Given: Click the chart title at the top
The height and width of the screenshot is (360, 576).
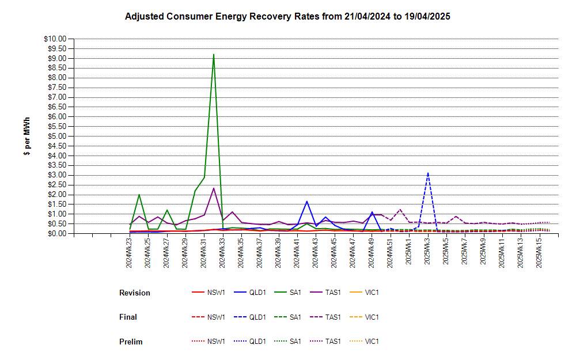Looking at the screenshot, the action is pyautogui.click(x=287, y=17).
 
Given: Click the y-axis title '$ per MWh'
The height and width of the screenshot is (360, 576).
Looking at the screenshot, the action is pyautogui.click(x=27, y=137).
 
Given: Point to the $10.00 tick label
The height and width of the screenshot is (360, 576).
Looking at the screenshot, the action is pyautogui.click(x=55, y=39).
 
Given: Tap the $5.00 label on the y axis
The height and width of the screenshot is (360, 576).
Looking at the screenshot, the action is pyautogui.click(x=57, y=137).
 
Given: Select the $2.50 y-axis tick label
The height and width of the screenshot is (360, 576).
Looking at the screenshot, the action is pyautogui.click(x=57, y=185).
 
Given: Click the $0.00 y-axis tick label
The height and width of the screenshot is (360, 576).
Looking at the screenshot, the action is pyautogui.click(x=57, y=234).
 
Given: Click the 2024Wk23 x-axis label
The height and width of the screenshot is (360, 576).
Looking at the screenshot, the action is pyautogui.click(x=129, y=253).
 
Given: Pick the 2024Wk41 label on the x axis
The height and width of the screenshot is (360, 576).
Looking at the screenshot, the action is pyautogui.click(x=297, y=253).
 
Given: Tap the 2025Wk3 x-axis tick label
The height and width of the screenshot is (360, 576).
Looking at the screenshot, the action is pyautogui.click(x=427, y=251).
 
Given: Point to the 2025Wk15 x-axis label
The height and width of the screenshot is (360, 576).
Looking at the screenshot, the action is pyautogui.click(x=539, y=253).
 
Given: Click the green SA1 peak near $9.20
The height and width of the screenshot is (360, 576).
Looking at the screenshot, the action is pyautogui.click(x=214, y=55).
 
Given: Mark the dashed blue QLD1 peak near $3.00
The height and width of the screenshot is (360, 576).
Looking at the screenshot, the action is pyautogui.click(x=428, y=173).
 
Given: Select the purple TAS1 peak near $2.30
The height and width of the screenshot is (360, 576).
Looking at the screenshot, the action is pyautogui.click(x=214, y=188).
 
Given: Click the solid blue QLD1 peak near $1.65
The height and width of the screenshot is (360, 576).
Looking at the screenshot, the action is pyautogui.click(x=307, y=202).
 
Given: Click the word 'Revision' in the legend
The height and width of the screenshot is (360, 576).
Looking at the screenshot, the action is pyautogui.click(x=135, y=293).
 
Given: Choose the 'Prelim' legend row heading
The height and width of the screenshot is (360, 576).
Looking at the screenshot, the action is pyautogui.click(x=131, y=342).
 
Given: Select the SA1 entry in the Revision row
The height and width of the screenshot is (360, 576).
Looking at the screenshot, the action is pyautogui.click(x=287, y=293).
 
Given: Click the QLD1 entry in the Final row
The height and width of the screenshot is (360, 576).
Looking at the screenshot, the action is pyautogui.click(x=250, y=317).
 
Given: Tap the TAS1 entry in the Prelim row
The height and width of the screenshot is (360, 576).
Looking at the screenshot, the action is pyautogui.click(x=325, y=341).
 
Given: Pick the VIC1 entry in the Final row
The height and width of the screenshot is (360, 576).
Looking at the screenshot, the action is pyautogui.click(x=364, y=317).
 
